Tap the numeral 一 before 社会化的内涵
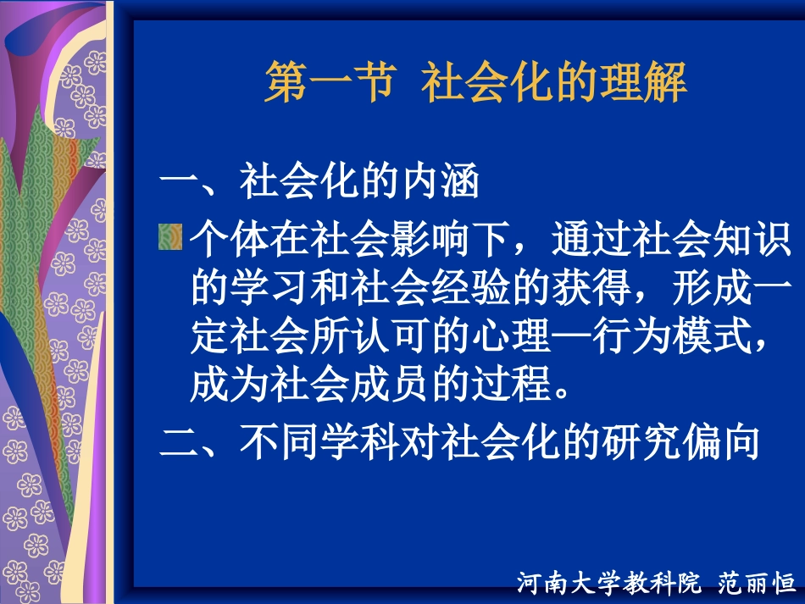tap(179, 182)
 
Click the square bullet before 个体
tap(170, 238)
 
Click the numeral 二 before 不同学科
tap(179, 442)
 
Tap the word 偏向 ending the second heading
tap(719, 442)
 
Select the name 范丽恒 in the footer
tap(757, 584)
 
